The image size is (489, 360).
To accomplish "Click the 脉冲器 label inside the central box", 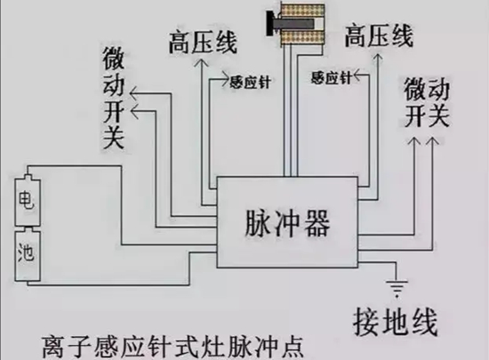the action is [x=287, y=223].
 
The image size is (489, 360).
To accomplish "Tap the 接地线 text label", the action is [x=395, y=323].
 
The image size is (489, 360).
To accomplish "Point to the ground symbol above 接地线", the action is [x=397, y=288].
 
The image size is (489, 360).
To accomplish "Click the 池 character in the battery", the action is [x=26, y=252].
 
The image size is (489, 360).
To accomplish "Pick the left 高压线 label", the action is [x=203, y=42].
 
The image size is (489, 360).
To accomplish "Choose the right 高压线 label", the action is [x=379, y=36].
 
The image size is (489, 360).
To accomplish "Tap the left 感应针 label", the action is [x=250, y=83].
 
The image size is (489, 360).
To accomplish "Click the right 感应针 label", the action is [x=332, y=77].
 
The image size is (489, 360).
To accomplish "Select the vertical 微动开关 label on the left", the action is [x=114, y=98].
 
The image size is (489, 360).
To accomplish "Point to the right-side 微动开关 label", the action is [x=427, y=103].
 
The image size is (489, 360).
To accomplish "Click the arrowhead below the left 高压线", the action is [x=202, y=63].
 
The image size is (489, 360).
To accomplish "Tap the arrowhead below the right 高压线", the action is [x=378, y=58].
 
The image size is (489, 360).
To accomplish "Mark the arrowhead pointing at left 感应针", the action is [x=225, y=78].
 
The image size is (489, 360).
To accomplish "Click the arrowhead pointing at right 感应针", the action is [x=357, y=76].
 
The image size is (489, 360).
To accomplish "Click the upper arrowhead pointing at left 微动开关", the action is [x=134, y=93].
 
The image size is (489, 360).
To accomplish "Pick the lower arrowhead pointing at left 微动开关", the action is [x=135, y=112].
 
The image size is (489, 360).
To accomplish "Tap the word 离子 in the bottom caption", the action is [x=67, y=347].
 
